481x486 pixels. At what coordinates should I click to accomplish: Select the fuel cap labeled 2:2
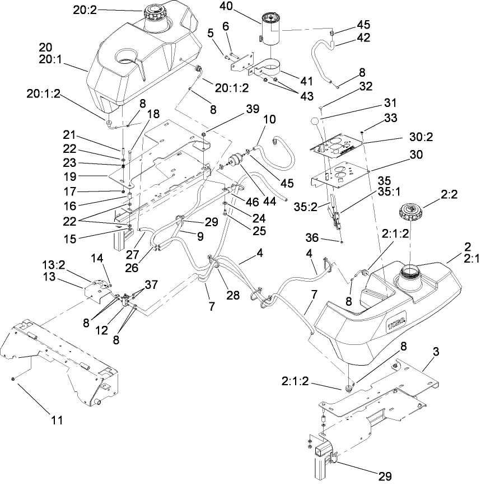(411, 213)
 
